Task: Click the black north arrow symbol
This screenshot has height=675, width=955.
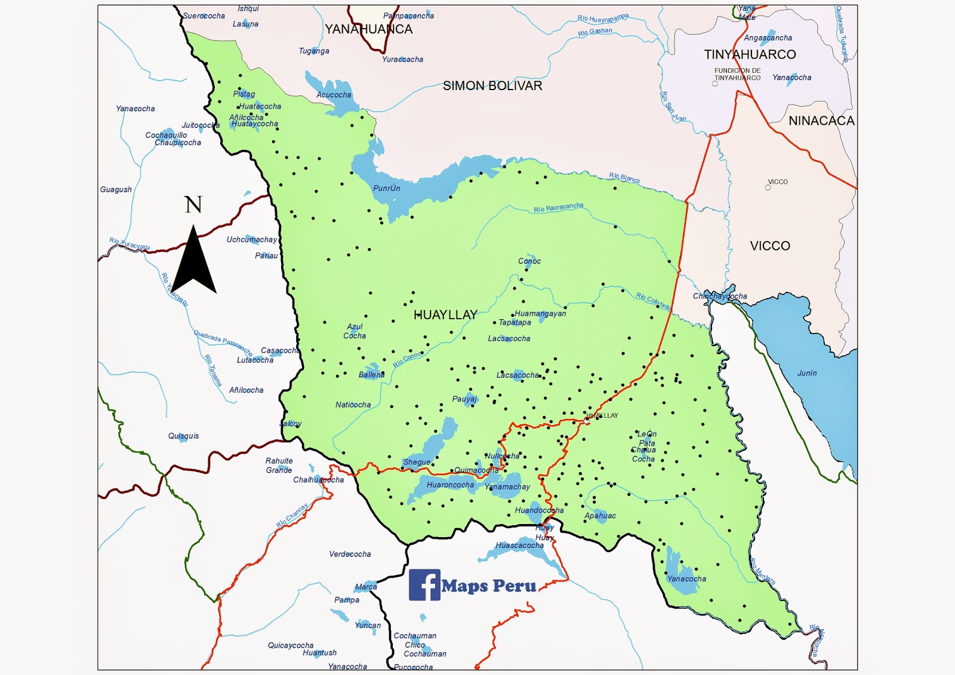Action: [x=193, y=263]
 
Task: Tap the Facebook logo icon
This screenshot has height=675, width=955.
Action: [x=424, y=585]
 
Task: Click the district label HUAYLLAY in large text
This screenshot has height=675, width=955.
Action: [x=445, y=315]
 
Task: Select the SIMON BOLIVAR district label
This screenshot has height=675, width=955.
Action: [x=492, y=86]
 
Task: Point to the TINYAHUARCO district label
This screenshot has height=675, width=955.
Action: [x=750, y=54]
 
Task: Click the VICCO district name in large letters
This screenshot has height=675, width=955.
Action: [x=770, y=246]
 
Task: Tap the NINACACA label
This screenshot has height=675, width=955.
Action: [x=821, y=121]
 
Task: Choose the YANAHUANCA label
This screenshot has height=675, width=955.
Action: [x=368, y=29]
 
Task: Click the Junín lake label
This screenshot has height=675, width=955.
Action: [x=807, y=373]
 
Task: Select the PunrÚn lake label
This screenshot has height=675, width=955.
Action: [x=387, y=188]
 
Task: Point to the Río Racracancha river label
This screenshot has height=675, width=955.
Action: [x=558, y=208]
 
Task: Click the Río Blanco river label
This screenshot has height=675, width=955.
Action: [x=624, y=177]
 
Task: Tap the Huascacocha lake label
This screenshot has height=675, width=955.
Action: [x=519, y=545]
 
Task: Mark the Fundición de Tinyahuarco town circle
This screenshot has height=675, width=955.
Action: [x=715, y=84]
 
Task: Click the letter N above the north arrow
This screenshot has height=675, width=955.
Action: [x=193, y=205]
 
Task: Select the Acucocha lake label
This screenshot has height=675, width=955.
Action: [x=334, y=95]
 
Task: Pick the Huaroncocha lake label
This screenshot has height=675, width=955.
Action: [x=450, y=485]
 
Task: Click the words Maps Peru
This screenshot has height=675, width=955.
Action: [x=489, y=586]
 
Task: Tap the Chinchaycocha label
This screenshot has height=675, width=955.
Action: [x=720, y=296]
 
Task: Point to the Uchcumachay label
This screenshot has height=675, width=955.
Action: [x=252, y=239]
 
